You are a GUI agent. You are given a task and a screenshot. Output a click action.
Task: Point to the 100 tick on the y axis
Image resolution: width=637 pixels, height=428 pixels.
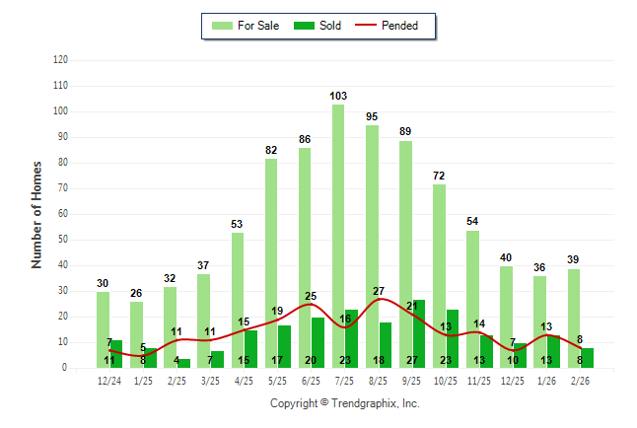pos(61,111)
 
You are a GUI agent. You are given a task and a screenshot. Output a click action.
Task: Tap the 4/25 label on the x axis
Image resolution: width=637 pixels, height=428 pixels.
pos(244,381)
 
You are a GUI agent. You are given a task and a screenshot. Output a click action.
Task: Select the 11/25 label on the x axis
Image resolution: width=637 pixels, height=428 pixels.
pos(479,381)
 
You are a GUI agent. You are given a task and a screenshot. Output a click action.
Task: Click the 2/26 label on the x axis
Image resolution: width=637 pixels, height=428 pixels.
pos(580,381)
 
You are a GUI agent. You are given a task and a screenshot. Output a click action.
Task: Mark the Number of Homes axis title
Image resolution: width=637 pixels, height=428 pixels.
pos(36,214)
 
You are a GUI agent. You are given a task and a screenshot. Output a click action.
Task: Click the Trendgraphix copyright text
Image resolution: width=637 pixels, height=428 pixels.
pos(345,403)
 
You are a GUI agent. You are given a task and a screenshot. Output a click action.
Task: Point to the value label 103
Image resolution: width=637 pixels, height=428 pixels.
pos(338,96)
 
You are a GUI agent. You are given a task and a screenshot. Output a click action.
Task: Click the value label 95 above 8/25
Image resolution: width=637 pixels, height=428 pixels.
pos(372,116)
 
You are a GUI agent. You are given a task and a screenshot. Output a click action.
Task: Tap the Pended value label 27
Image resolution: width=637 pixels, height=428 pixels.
pos(379,291)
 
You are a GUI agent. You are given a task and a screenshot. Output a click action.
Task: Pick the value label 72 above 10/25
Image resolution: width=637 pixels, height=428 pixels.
pos(439,176)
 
